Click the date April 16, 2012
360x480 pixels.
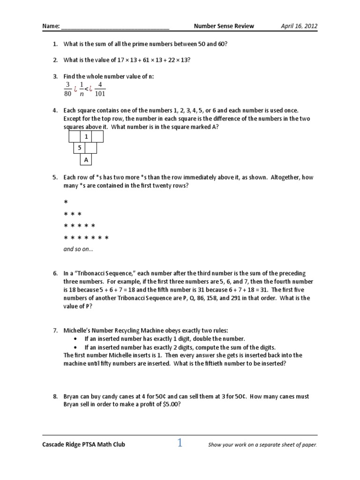point(299,26)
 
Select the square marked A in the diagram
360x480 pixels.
point(86,160)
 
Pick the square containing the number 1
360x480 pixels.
point(86,136)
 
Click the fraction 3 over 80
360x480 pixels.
point(67,89)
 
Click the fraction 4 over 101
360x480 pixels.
point(99,89)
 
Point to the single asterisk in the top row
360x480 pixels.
point(66,202)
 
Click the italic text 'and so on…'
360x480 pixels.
point(78,249)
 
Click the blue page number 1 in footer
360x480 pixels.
point(180,443)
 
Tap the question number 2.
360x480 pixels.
point(54,60)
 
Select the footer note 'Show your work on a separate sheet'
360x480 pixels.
point(262,445)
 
